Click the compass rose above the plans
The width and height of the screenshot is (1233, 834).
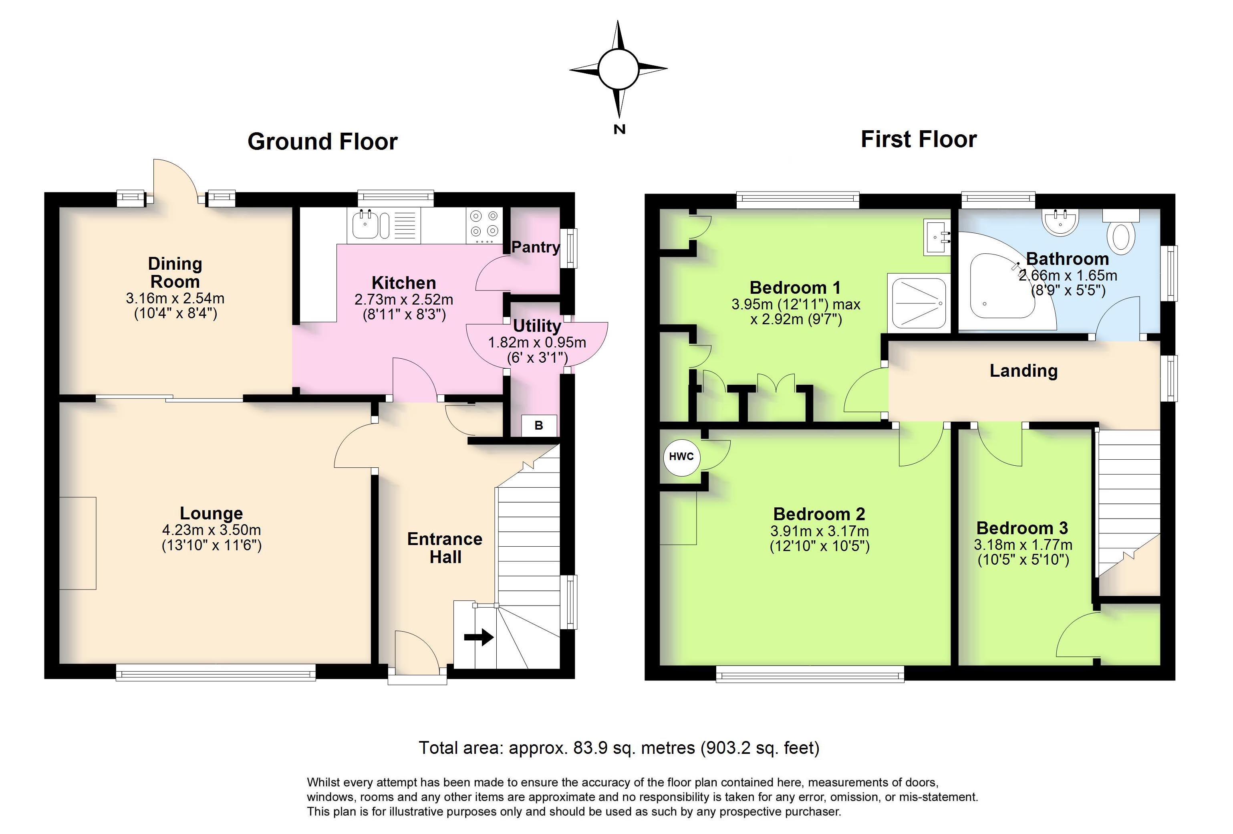pos(618,69)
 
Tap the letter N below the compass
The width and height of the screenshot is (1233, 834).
pos(619,129)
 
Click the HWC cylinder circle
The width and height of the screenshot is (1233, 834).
pos(681,456)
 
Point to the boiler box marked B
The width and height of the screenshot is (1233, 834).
pos(538,425)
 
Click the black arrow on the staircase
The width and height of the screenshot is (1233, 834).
pos(479,637)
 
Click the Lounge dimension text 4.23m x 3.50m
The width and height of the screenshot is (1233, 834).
pos(211,530)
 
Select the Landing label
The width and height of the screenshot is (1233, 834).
pos(1023,371)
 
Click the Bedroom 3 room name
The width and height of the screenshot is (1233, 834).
pos(1022,528)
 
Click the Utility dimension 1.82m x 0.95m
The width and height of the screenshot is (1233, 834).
pos(537,342)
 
